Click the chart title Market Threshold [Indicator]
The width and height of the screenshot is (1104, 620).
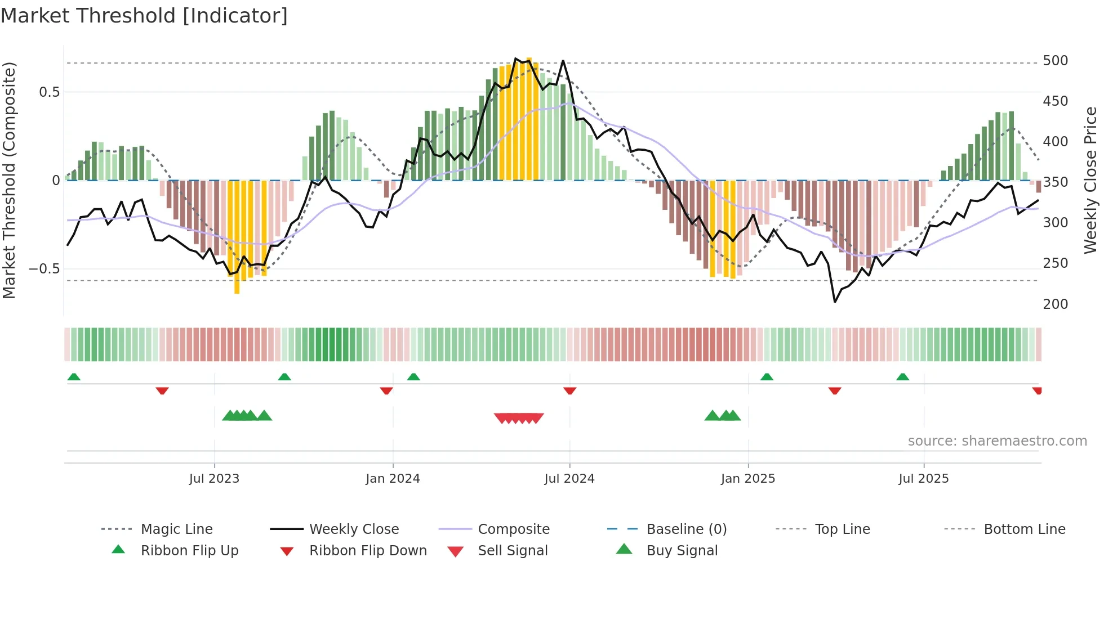pyautogui.click(x=144, y=16)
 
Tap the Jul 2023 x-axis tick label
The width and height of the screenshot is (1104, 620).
pyautogui.click(x=214, y=479)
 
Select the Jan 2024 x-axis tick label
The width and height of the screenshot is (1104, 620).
pyautogui.click(x=393, y=479)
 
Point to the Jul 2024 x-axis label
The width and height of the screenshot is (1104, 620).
pyautogui.click(x=569, y=479)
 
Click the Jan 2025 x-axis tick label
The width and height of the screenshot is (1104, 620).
pyautogui.click(x=747, y=479)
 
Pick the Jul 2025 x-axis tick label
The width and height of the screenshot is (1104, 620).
pyautogui.click(x=923, y=479)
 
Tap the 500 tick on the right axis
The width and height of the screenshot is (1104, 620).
pyautogui.click(x=1055, y=61)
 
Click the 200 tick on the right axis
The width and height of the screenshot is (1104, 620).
pyautogui.click(x=1055, y=304)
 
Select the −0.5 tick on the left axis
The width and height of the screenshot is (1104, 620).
pyautogui.click(x=44, y=269)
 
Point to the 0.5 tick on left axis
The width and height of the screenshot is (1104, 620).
pyautogui.click(x=49, y=92)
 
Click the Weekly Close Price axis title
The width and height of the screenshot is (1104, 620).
pyautogui.click(x=1090, y=180)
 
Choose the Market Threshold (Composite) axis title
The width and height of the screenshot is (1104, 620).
pyautogui.click(x=9, y=180)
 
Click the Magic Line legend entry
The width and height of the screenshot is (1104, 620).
pyautogui.click(x=176, y=529)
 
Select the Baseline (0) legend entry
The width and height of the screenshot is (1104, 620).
pyautogui.click(x=686, y=529)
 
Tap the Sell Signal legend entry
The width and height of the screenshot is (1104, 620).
pyautogui.click(x=512, y=551)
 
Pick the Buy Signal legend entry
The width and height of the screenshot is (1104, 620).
pyautogui.click(x=682, y=551)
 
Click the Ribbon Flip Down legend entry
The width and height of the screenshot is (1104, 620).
pyautogui.click(x=367, y=551)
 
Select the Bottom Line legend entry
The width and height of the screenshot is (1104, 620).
pyautogui.click(x=1024, y=529)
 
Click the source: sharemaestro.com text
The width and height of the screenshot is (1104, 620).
pyautogui.click(x=997, y=441)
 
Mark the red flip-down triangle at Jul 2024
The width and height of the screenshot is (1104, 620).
pyautogui.click(x=569, y=390)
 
